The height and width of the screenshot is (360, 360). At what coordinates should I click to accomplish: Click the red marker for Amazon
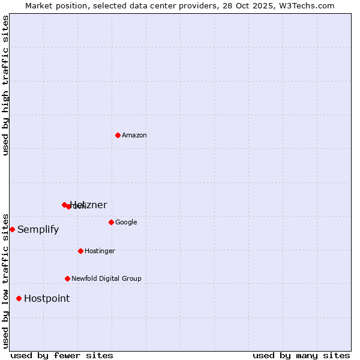coord(118,135)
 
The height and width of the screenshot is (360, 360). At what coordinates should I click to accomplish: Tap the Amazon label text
coord(134,136)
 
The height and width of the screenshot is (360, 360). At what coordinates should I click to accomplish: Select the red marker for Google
coord(111,222)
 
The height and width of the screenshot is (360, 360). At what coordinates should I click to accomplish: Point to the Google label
coord(126,223)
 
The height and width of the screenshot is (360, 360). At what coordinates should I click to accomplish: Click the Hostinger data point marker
coord(80,251)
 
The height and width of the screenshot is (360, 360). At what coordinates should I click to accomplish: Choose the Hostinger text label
coord(100,251)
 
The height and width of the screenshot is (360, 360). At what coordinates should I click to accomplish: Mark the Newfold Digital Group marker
coord(67,278)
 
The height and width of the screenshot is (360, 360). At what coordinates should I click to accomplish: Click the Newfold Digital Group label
coord(106,279)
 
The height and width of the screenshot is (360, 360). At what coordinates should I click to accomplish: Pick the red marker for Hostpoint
coord(19,298)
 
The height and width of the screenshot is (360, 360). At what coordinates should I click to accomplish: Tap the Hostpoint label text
coord(47,299)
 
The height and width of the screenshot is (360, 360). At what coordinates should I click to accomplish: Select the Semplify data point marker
coord(12,229)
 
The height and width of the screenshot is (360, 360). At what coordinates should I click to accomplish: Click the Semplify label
coord(38,230)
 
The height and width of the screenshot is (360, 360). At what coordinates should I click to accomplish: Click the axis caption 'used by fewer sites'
coord(62,355)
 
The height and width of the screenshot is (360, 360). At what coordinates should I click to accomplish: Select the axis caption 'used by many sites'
coord(301,355)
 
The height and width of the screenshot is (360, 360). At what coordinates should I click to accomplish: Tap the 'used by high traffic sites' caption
coord(5,85)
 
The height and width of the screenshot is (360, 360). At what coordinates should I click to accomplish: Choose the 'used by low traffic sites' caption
coord(5,280)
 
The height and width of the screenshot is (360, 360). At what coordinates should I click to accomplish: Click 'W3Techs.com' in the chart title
coord(310,5)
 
